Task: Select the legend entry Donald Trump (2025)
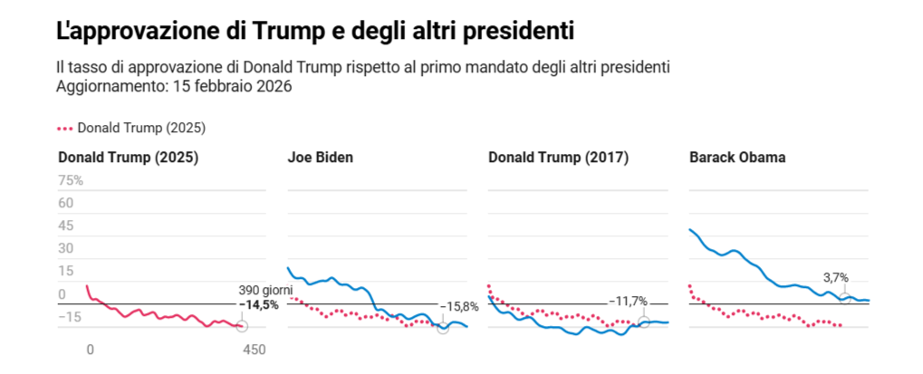[138, 129]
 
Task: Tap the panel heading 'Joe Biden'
[321, 158]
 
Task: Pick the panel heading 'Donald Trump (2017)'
[558, 158]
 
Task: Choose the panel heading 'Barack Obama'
[737, 158]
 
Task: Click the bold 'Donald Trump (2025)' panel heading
[128, 158]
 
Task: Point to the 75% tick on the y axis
[71, 181]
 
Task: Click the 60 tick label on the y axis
[65, 204]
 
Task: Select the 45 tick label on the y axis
[65, 226]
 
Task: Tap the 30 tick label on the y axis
[65, 249]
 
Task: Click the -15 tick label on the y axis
[69, 317]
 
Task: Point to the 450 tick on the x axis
[255, 349]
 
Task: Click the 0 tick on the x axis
[89, 349]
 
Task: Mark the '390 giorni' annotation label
[265, 290]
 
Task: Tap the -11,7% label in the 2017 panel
[628, 301]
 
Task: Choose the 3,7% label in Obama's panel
[835, 278]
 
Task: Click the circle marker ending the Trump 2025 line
[242, 326]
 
